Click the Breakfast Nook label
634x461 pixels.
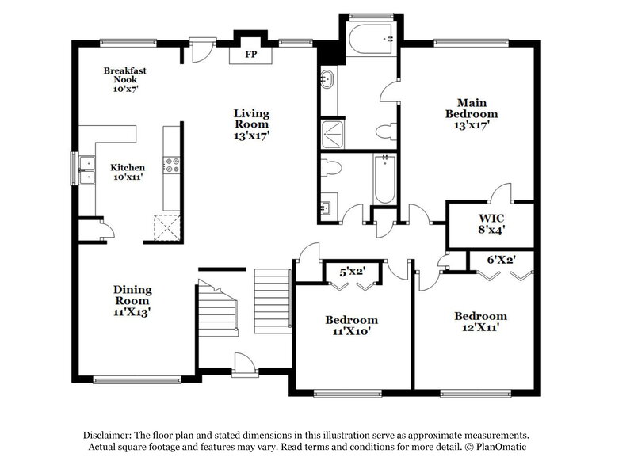[125, 75]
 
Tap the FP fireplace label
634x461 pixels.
[250, 55]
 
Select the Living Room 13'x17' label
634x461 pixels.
[251, 124]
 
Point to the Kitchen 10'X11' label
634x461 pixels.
[127, 172]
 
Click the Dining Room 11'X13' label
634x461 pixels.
[132, 301]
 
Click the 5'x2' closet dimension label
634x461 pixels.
[353, 272]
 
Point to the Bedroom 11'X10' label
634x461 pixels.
[352, 326]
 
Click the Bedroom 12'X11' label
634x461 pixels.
[480, 322]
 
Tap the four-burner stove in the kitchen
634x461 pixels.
[171, 165]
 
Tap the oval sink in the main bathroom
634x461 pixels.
[327, 78]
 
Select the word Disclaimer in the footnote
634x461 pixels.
[111, 436]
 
